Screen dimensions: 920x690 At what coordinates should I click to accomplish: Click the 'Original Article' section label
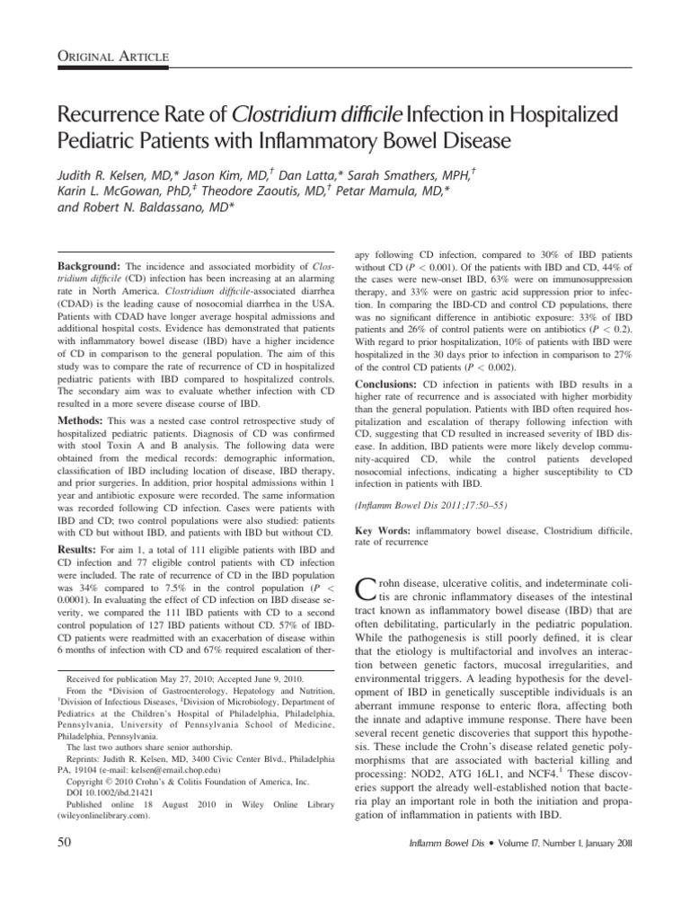click(112, 58)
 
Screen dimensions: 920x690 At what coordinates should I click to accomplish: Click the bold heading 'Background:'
click(89, 269)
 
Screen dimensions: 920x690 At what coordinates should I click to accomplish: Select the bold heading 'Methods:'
click(84, 420)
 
